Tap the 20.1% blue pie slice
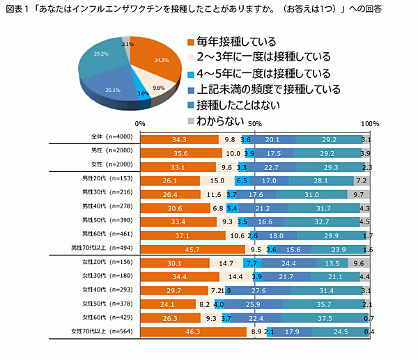click(113, 86)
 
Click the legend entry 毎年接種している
click(236, 40)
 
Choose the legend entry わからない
click(220, 120)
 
